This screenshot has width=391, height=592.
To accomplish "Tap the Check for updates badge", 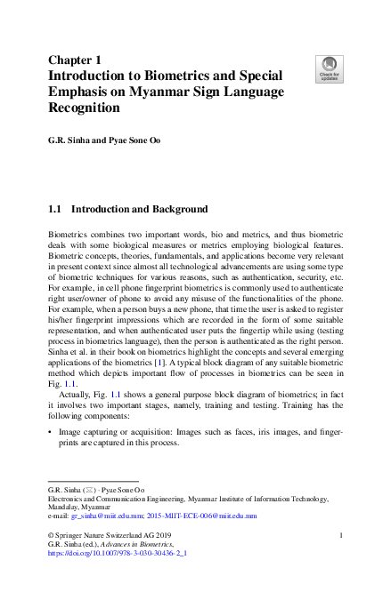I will point(329,68).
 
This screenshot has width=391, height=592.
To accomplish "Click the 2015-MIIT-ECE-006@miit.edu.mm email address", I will point(200,516).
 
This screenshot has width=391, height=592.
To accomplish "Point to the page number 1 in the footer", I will point(342,535).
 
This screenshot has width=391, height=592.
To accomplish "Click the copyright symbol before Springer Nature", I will point(50,535).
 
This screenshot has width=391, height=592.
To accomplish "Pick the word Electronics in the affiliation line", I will point(66,500).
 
